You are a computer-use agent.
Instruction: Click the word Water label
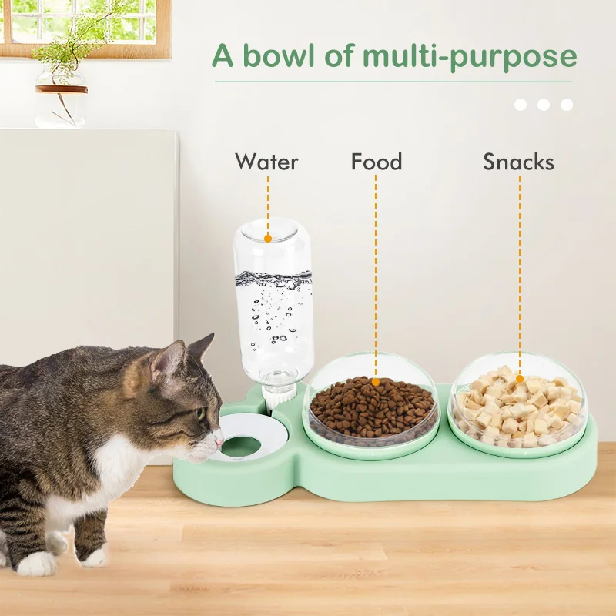266,162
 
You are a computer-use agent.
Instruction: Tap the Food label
377,162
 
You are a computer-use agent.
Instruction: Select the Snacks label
518,162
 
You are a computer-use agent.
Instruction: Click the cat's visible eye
199,413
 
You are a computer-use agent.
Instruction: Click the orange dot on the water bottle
267,239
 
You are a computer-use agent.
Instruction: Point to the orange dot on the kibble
376,380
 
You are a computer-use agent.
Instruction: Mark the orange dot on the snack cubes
520,378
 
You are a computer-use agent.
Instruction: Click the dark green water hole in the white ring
242,446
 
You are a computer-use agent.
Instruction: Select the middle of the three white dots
544,105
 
